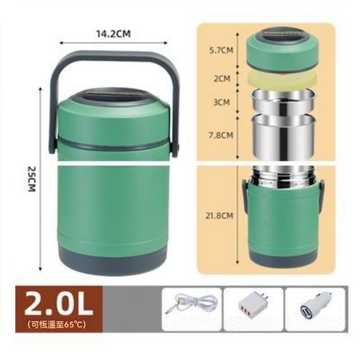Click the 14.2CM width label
pos(113,34)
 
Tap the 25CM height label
pos(31,179)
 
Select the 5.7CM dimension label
pos(221,50)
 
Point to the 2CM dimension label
pos(222,79)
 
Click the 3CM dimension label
pos(222,102)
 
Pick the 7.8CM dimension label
pos(221,135)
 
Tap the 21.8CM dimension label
pos(219,215)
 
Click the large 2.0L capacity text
pos(58,304)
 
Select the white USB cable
pos(191,305)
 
